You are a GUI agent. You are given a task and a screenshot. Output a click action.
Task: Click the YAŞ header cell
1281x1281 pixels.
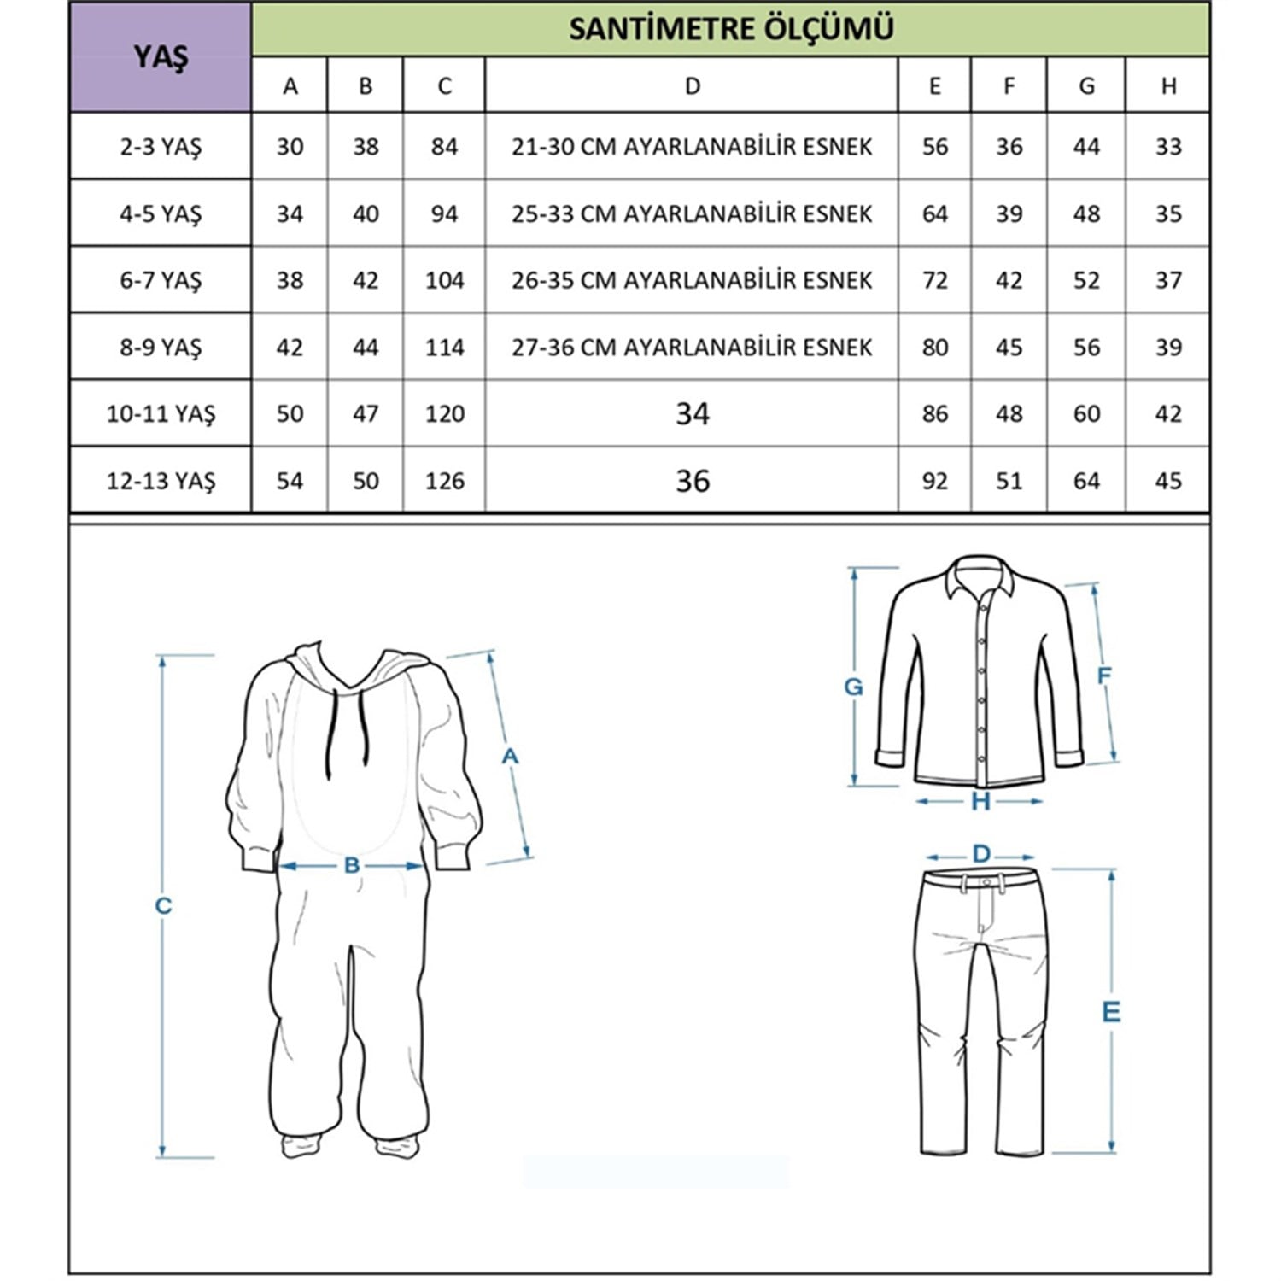[x=161, y=57]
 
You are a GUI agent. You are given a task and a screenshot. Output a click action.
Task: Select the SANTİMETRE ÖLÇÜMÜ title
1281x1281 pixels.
[x=731, y=29]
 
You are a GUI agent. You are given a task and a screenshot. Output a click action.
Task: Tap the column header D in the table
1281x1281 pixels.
[x=692, y=85]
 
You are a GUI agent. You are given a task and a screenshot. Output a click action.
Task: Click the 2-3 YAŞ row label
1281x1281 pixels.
[x=161, y=147]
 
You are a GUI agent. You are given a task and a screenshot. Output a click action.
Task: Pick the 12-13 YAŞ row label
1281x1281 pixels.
[x=161, y=481]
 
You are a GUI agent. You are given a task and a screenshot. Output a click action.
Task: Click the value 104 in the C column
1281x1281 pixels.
[x=444, y=280]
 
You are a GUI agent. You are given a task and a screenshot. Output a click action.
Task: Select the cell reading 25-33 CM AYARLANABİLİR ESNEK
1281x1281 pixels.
[x=692, y=213]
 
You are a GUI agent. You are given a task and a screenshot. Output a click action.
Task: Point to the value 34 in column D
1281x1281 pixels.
[x=692, y=414]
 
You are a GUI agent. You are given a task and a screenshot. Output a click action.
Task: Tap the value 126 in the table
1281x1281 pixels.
[x=444, y=481]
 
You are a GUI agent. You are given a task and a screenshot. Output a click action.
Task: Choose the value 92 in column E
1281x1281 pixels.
[x=934, y=481]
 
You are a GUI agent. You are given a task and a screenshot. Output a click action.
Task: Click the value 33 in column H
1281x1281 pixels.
[x=1167, y=147]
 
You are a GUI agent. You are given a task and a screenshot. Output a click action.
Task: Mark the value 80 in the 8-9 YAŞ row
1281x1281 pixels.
[x=934, y=348]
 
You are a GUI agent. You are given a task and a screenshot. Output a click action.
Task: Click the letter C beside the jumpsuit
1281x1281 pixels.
[x=163, y=905]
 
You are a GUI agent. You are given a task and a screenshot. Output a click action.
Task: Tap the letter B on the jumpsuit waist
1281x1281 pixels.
[x=352, y=866]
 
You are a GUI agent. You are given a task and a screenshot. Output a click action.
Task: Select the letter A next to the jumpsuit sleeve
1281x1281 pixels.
[x=510, y=757]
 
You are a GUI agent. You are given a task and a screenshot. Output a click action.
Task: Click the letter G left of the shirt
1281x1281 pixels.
[x=853, y=687]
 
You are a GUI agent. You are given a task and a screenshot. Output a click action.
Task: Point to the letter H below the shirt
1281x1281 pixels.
[x=980, y=802]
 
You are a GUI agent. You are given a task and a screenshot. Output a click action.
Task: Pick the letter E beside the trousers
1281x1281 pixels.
[x=1110, y=1012]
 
